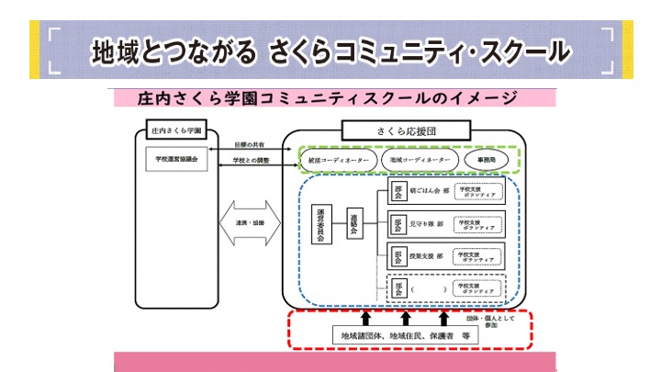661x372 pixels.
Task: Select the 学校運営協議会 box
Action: [x=177, y=159]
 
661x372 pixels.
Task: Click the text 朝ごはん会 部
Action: [x=431, y=193]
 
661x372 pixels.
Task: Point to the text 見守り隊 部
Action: [x=430, y=223]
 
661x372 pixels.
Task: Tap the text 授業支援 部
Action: [x=430, y=256]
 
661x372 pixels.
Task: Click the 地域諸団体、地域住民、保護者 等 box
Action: [x=405, y=336]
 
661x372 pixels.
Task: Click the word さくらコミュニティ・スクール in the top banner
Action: [x=420, y=51]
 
